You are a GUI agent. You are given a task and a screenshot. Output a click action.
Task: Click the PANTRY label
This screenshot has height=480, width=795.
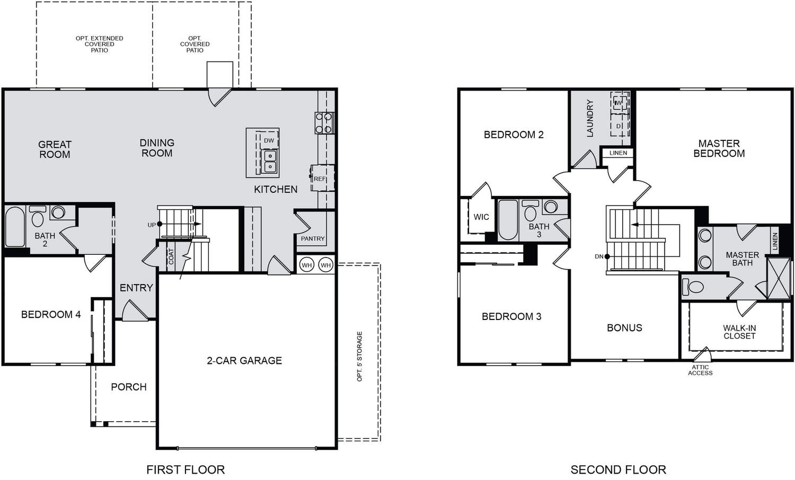(x=313, y=239)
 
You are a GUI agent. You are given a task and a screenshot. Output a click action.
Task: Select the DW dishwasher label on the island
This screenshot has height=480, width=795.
(x=269, y=140)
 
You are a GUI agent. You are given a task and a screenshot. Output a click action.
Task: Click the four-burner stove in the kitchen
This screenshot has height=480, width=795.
(x=324, y=123)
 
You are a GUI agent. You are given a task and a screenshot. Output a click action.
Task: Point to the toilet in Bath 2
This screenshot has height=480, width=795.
(x=37, y=216)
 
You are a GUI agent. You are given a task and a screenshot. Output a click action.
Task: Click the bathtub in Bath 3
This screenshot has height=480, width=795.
(x=508, y=220)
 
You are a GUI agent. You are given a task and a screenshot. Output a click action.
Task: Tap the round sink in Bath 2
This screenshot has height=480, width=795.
(x=58, y=212)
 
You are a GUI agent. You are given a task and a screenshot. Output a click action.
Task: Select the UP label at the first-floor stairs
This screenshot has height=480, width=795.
(x=152, y=225)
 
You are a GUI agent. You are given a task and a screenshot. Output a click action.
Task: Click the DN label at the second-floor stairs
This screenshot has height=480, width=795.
(x=599, y=256)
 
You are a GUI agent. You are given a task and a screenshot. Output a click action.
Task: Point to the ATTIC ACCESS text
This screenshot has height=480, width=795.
(x=700, y=370)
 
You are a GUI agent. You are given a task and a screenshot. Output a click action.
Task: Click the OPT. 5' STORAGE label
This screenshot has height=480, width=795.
(x=359, y=357)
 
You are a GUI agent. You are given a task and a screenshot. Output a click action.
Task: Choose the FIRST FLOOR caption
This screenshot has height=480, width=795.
(x=185, y=470)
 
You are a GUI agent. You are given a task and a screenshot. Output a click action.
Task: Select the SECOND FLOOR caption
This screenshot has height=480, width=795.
(x=619, y=470)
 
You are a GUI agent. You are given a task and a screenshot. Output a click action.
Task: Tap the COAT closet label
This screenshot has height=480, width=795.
(x=171, y=256)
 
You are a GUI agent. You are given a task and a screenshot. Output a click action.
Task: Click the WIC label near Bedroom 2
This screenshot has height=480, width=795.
(x=481, y=217)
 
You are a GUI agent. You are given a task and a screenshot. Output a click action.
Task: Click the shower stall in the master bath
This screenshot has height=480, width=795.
(x=779, y=279)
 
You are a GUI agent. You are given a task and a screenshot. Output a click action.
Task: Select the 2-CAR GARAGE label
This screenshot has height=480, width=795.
(x=244, y=360)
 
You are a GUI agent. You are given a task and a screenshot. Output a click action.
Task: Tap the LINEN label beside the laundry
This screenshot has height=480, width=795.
(x=619, y=153)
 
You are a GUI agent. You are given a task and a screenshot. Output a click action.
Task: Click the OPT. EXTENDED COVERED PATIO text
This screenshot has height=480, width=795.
(x=100, y=44)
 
